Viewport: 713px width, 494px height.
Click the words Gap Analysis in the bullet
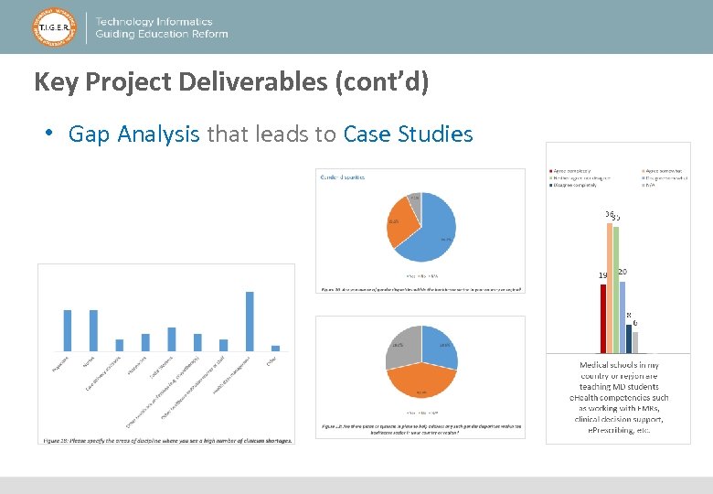[x=134, y=134]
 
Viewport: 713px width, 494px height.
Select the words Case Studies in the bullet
[x=409, y=134]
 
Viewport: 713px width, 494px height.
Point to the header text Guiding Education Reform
[x=162, y=35]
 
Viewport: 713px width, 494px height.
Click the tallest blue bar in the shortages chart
[x=250, y=320]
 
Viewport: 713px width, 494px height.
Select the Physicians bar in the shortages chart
[x=67, y=329]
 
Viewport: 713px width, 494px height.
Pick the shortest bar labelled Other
[x=276, y=348]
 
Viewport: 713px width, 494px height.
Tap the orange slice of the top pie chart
[x=399, y=229]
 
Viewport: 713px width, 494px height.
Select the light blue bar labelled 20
[x=623, y=316]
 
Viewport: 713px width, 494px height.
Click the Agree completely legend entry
[x=571, y=170]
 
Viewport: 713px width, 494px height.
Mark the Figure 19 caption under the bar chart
[x=167, y=440]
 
